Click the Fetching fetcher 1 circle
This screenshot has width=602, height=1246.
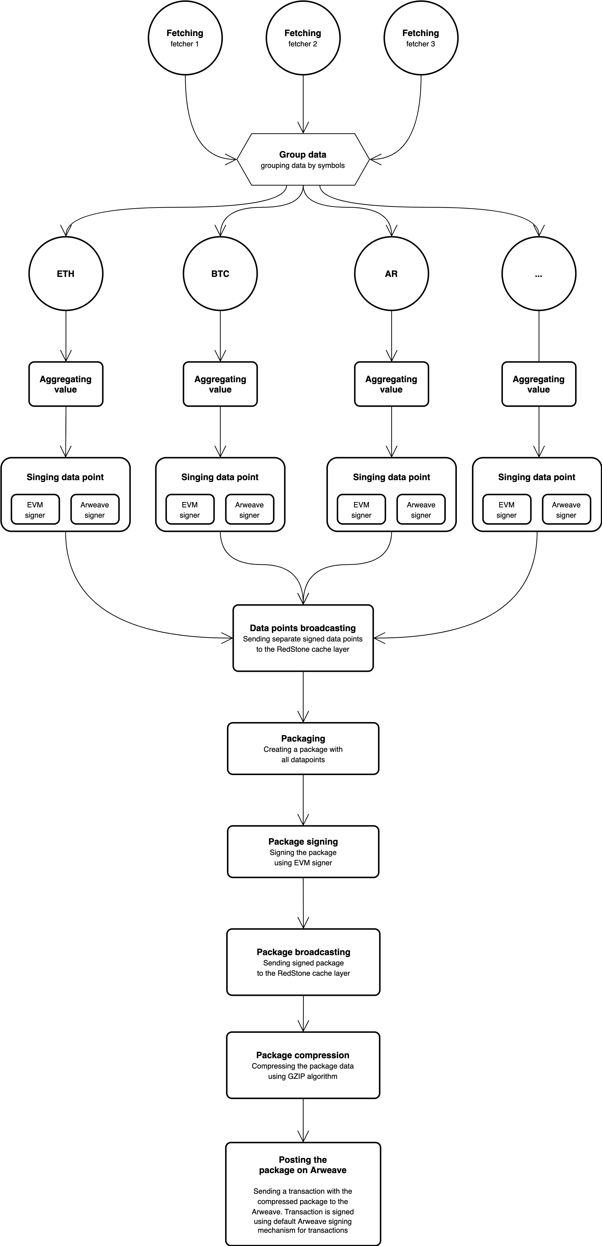click(185, 38)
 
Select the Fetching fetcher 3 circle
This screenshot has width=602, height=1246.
click(420, 38)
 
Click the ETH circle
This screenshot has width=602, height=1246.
click(66, 274)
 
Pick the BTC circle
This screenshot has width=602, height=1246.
click(220, 274)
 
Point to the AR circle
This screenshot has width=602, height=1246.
click(391, 274)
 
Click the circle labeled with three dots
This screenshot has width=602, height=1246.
click(539, 274)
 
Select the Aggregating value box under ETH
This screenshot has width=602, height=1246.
click(66, 384)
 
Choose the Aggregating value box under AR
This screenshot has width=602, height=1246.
click(391, 384)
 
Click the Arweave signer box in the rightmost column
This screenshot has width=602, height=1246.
click(566, 509)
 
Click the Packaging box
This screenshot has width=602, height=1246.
click(303, 748)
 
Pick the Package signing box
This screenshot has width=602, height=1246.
click(303, 851)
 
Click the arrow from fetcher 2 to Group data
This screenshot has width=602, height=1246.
click(303, 104)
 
